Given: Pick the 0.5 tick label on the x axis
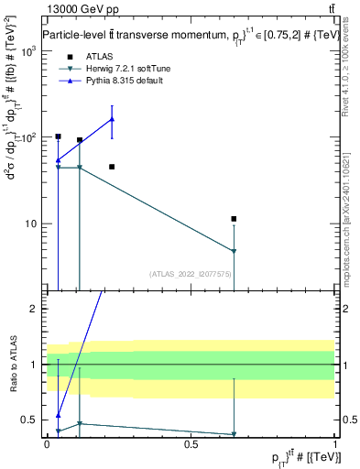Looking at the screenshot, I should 191,443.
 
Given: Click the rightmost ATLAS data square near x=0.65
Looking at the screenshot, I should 235,219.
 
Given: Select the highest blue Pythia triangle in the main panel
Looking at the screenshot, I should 112,119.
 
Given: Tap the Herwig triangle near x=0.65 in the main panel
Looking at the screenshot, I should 235,251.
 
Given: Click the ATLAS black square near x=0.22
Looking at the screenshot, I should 112,167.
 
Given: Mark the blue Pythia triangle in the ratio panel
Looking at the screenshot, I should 58,415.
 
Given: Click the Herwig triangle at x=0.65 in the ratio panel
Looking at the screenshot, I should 235,434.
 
